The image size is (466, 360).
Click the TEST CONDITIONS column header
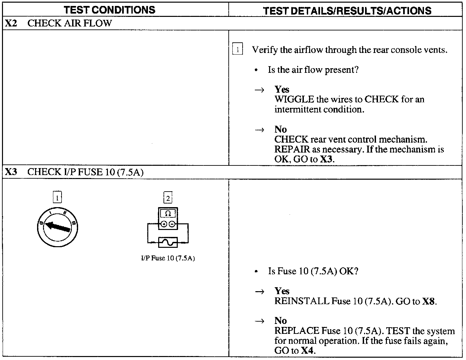tap(110, 10)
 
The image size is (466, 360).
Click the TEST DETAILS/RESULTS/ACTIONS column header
tap(347, 10)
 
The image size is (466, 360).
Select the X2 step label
tap(12, 23)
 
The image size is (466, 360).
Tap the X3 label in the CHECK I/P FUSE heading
tap(12, 172)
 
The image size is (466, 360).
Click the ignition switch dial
tap(58, 227)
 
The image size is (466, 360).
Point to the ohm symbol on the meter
tap(168, 213)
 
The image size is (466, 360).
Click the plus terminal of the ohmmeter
tap(164, 225)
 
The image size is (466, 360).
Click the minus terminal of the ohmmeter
tap(172, 225)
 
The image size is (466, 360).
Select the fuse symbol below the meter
tap(168, 243)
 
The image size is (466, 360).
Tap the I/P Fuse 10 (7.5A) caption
tap(168, 258)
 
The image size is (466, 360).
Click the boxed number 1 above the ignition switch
tap(57, 198)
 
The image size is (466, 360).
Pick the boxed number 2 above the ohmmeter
tap(168, 198)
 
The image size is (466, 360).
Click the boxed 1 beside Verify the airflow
tap(238, 50)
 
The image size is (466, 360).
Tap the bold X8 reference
tap(429, 301)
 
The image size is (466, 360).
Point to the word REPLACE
tap(297, 331)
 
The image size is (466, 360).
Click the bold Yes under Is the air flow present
tap(282, 90)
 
